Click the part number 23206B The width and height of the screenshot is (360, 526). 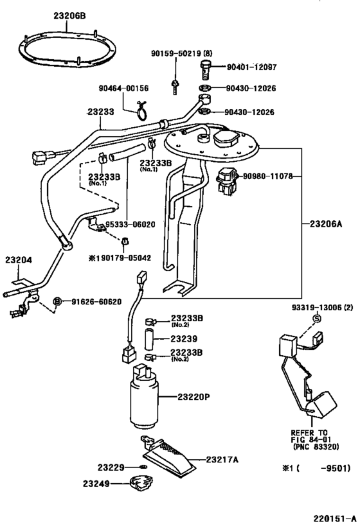pyautogui.click(x=69, y=15)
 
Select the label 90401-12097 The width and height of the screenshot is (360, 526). pyautogui.click(x=251, y=67)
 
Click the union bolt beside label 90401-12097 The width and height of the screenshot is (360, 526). pyautogui.click(x=205, y=69)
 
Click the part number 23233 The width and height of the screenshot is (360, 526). pyautogui.click(x=101, y=112)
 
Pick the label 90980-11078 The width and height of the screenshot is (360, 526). pyautogui.click(x=267, y=176)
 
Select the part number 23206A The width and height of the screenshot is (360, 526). pyautogui.click(x=326, y=224)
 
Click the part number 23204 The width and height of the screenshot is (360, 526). pyautogui.click(x=19, y=260)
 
